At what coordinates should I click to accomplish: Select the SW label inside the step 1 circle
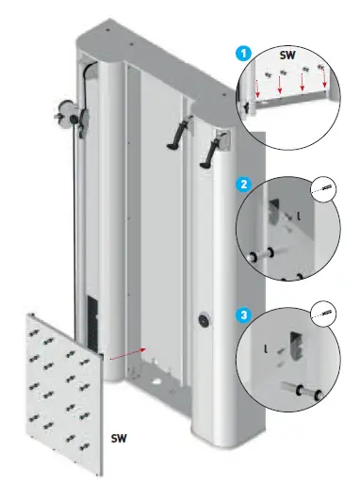[x=287, y=57]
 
